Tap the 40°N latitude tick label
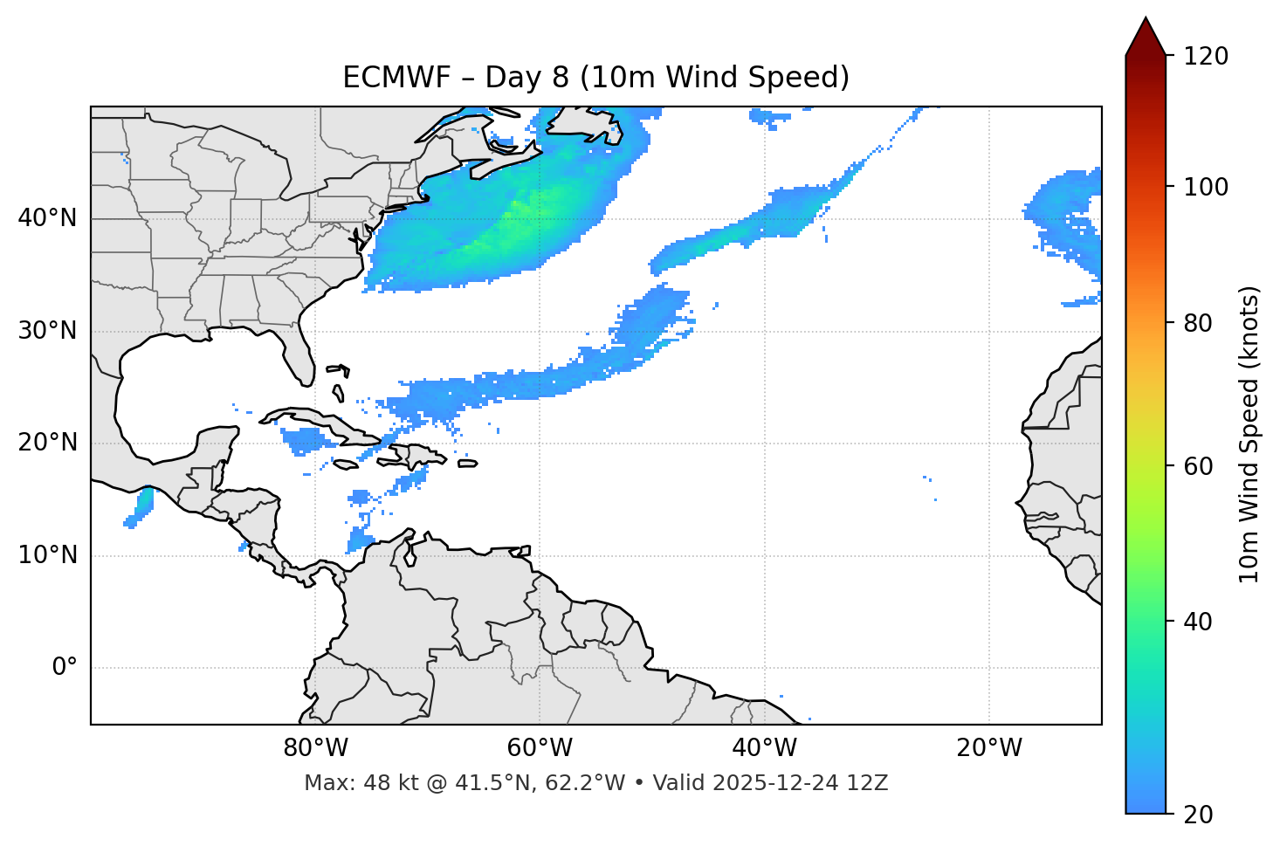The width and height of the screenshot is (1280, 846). click(47, 218)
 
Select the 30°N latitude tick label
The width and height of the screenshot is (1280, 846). click(47, 331)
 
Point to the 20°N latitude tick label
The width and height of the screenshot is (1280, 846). click(47, 443)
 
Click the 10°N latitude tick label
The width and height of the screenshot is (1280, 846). click(47, 555)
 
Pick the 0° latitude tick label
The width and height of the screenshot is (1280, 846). click(65, 668)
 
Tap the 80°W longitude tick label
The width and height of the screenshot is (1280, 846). click(315, 748)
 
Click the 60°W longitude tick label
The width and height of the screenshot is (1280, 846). click(540, 748)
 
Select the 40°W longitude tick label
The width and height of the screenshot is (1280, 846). click(764, 748)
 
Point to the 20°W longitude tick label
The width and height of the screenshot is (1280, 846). click(988, 748)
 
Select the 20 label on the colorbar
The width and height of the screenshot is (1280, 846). click(1198, 815)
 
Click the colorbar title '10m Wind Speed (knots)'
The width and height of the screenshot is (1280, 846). click(1249, 435)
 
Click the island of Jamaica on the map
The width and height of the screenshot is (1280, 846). click(346, 464)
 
